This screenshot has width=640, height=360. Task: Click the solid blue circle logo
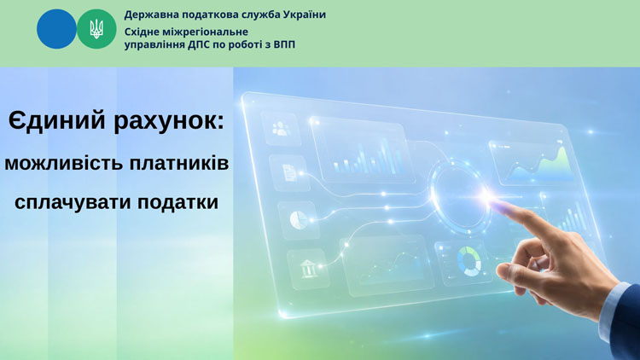[56, 29]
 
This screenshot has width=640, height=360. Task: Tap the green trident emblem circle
[96, 29]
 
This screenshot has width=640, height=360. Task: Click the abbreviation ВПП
[283, 44]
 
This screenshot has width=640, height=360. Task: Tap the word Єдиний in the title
[57, 121]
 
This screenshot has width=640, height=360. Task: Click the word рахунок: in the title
[169, 122]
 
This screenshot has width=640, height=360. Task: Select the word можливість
[63, 163]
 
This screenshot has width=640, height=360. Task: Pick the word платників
[179, 163]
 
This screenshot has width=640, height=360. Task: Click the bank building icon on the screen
[308, 269]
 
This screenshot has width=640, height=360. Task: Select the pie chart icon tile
[299, 220]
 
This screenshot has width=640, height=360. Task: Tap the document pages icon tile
[288, 173]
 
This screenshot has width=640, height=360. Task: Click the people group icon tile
[281, 128]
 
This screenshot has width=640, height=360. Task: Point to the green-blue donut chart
[469, 261]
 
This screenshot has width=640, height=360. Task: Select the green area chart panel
[532, 163]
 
